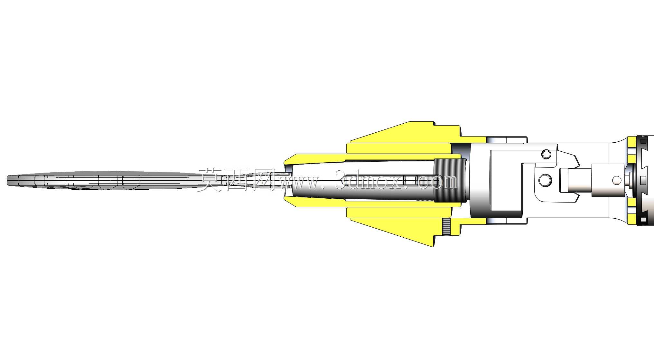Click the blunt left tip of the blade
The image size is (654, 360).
7,180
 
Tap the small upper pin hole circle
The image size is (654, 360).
546,154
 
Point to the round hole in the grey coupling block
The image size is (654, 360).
617,180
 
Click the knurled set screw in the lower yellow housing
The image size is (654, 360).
446,227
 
